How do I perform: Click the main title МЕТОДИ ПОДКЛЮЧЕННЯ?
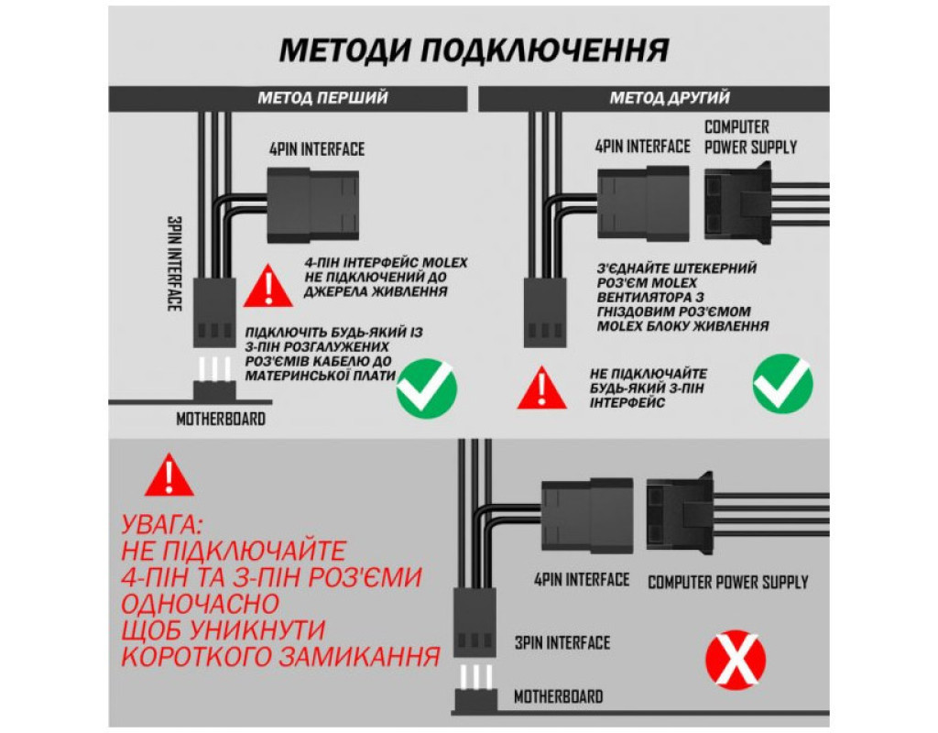tap(473, 49)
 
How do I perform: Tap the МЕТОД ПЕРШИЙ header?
tap(322, 98)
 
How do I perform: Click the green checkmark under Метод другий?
tap(781, 384)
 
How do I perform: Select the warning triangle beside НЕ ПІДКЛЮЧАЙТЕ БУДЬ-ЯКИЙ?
tap(541, 389)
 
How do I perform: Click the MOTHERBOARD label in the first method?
tap(221, 420)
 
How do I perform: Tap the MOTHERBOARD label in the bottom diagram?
tap(558, 696)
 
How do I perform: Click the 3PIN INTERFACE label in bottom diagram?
tap(562, 642)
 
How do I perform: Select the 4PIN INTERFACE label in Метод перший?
tap(316, 149)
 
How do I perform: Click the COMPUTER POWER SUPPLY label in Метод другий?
tap(750, 137)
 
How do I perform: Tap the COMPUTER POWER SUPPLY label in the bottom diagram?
tap(727, 582)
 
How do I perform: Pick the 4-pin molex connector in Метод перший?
tap(311, 204)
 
